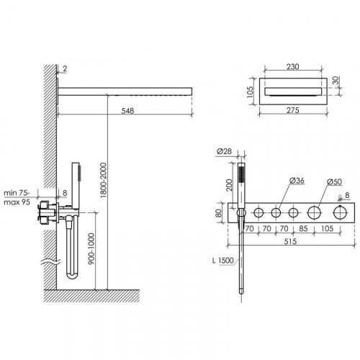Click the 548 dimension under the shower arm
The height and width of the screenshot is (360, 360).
(x=127, y=111)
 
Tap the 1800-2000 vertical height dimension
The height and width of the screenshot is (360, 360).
(x=103, y=180)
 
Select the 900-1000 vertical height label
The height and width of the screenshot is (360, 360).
(x=91, y=249)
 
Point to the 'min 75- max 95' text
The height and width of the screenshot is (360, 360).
(x=17, y=197)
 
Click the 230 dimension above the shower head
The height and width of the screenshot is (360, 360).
(x=292, y=66)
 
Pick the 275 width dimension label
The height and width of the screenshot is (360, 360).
(x=293, y=110)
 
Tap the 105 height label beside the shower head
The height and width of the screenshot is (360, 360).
(x=250, y=92)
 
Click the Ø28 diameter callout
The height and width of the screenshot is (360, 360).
(x=224, y=151)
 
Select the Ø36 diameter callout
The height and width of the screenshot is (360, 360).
(x=297, y=180)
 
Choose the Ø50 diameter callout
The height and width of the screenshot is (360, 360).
(x=334, y=181)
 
